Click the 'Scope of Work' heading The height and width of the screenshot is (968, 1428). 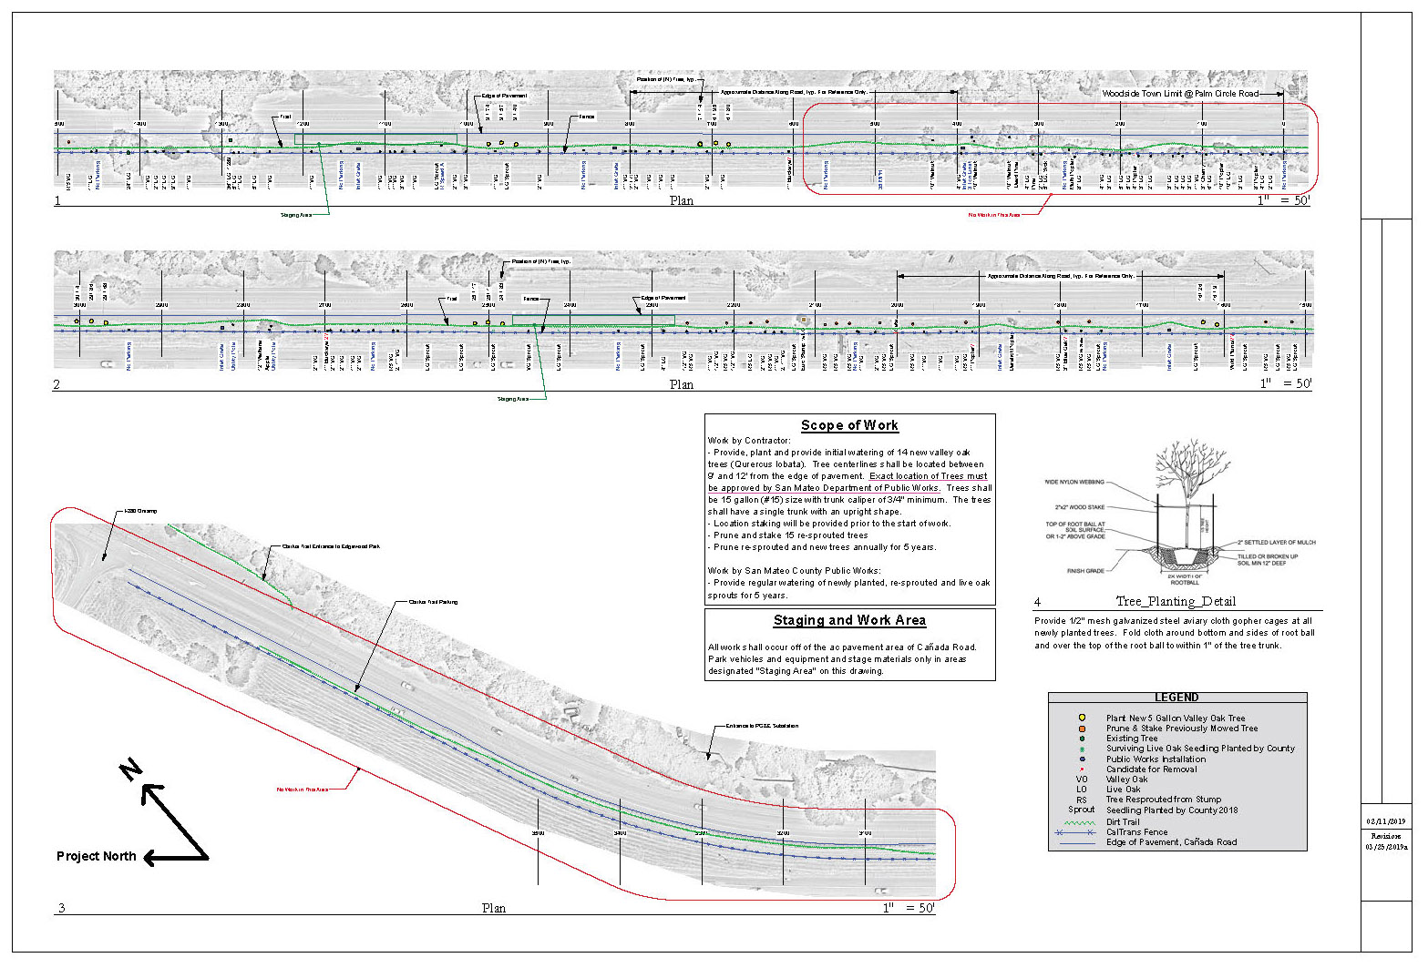pos(849,425)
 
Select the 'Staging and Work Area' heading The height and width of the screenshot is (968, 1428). pos(849,620)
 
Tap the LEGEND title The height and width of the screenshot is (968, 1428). pos(1176,698)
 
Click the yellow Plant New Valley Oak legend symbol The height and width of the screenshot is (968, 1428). pos(1082,718)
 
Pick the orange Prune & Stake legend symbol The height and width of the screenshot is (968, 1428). pos(1082,729)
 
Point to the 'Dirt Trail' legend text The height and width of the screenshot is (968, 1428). pos(1123,822)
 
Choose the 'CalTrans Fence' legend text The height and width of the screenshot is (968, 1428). pos(1136,832)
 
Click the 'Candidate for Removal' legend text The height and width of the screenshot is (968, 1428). pos(1151,769)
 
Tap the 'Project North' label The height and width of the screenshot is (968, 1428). pos(96,856)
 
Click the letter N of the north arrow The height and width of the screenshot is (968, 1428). pos(131,769)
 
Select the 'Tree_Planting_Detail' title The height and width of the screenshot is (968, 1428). pos(1176,601)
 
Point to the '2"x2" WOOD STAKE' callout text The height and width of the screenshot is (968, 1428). pos(1080,507)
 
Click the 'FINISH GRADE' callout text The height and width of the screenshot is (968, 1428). pos(1085,571)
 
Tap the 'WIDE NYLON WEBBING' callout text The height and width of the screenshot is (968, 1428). pos(1074,482)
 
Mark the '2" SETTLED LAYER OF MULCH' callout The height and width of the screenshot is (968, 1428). pos(1276,542)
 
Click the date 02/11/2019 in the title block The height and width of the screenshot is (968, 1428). pos(1385,821)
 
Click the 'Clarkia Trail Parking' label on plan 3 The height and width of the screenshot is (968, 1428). pos(433,602)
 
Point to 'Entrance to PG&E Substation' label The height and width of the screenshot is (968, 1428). pos(762,726)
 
